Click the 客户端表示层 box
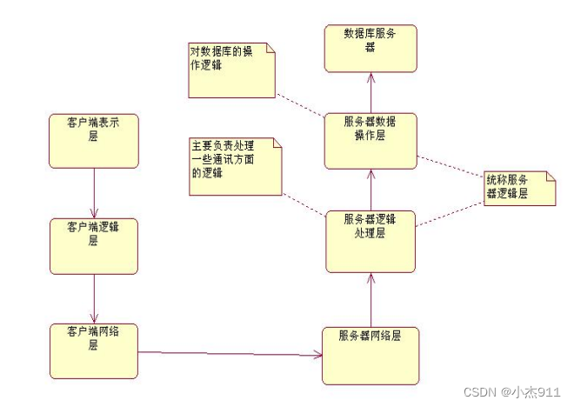93,140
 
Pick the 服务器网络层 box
370,355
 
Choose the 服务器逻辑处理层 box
370,241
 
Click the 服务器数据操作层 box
370,140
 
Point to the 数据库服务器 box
370,48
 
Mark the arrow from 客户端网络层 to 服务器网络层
230,353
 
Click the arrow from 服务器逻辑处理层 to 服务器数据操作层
370,190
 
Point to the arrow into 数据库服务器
370,91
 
